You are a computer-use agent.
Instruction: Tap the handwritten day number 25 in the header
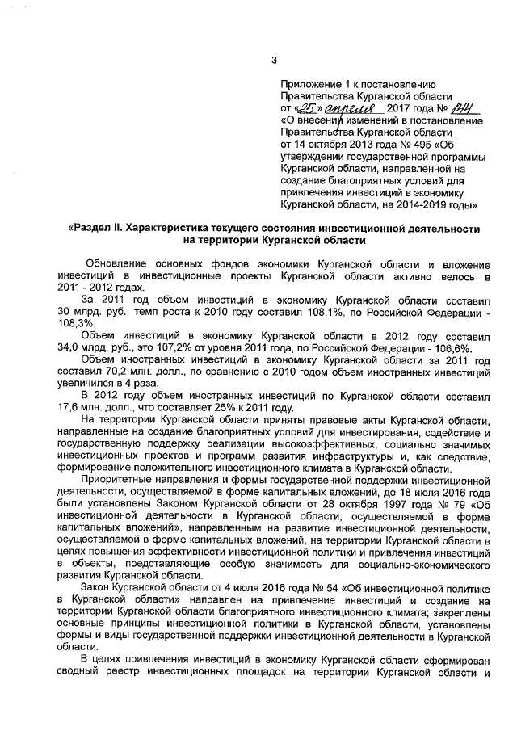pyautogui.click(x=305, y=108)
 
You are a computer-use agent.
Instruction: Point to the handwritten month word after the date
pyautogui.click(x=348, y=108)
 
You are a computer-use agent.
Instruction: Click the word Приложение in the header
pyautogui.click(x=310, y=84)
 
